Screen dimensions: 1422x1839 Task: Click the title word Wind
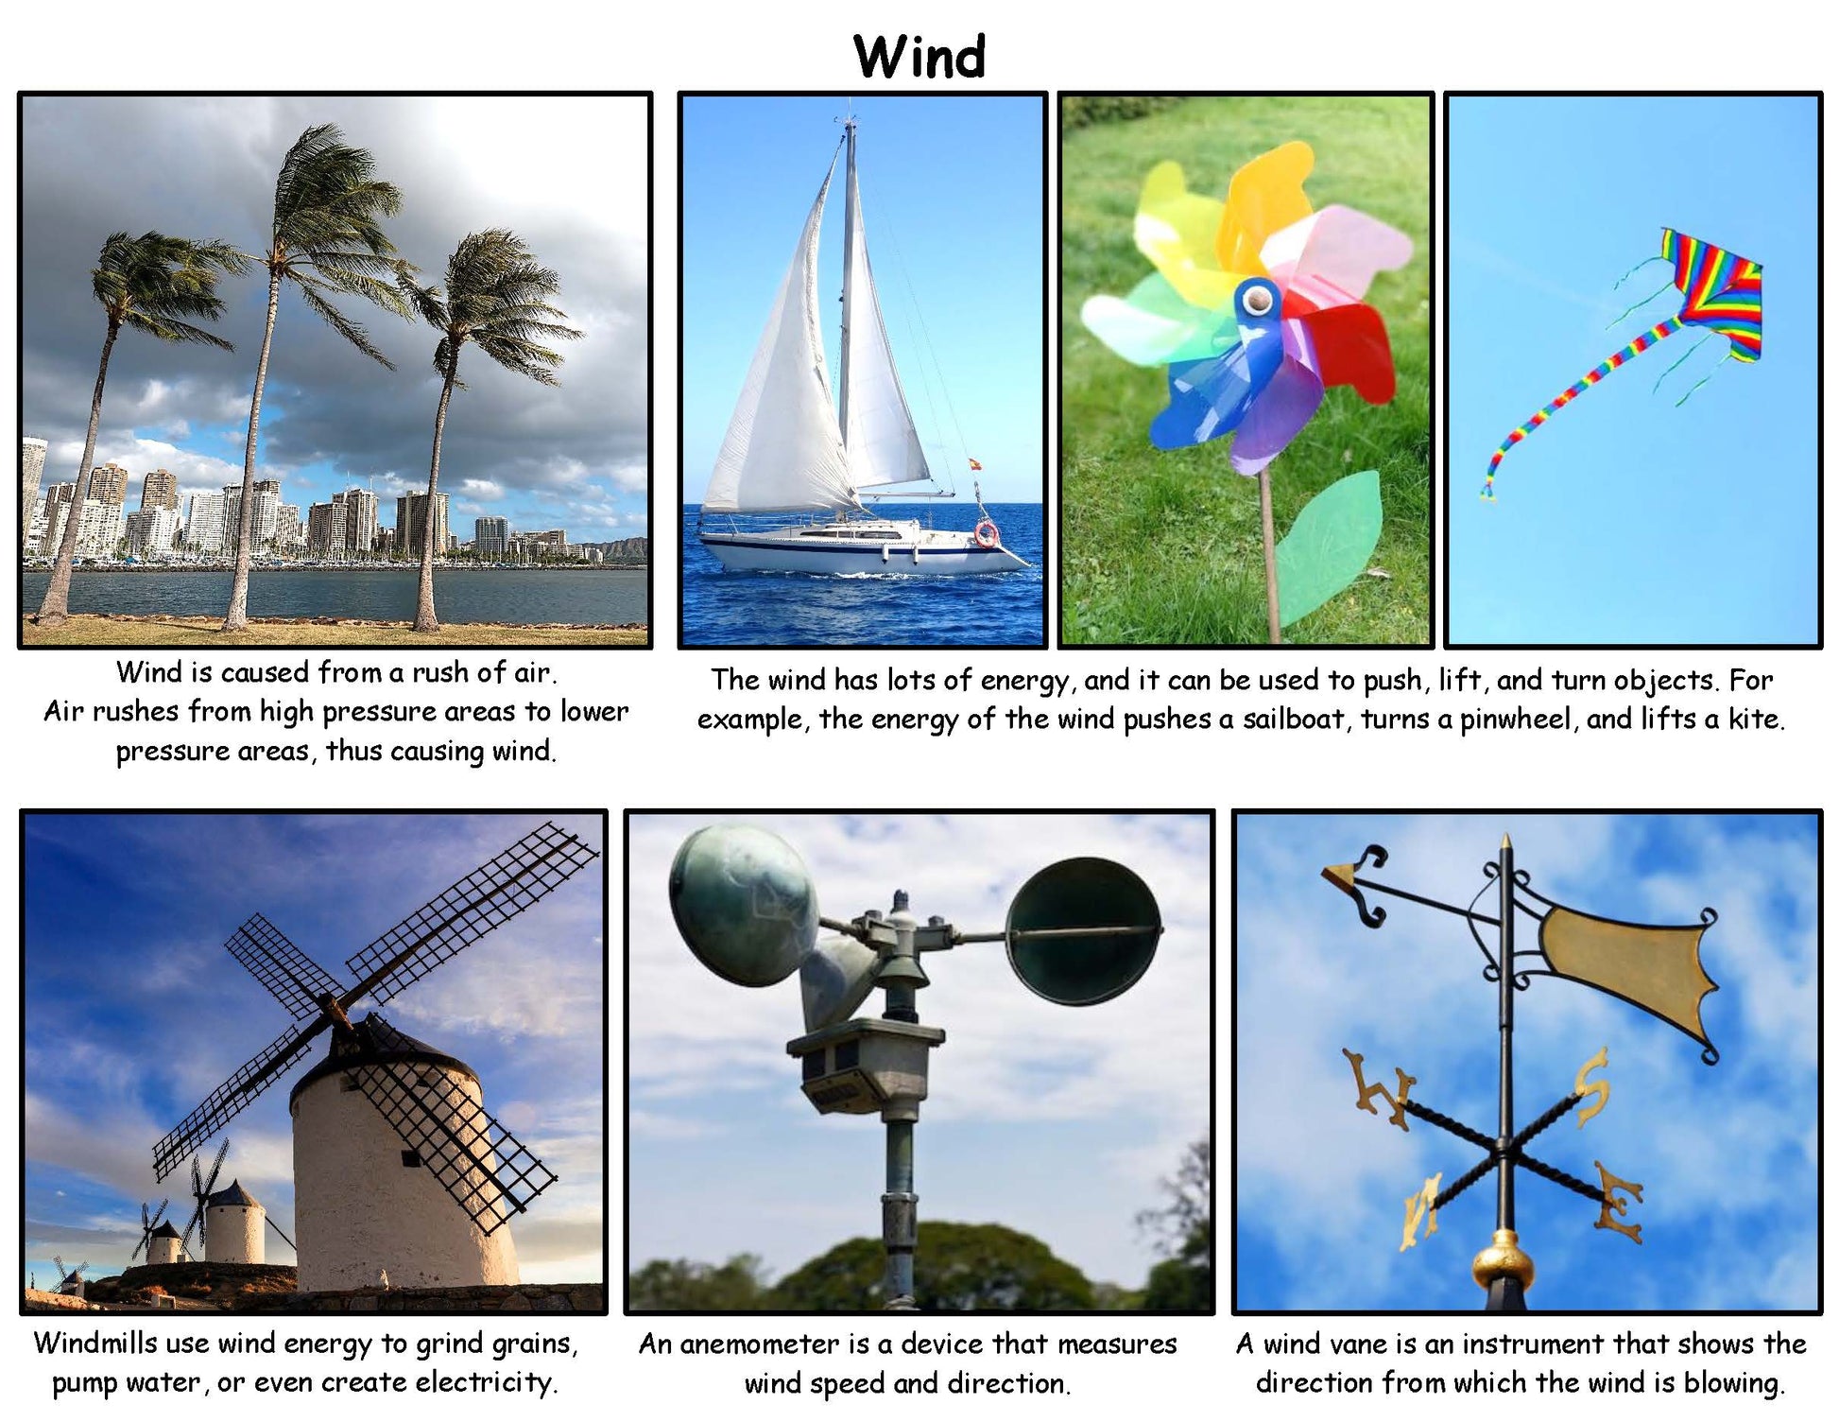pyautogui.click(x=919, y=57)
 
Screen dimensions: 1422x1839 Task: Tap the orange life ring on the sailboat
pyautogui.click(x=986, y=534)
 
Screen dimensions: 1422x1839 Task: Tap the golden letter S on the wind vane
pyautogui.click(x=1591, y=1080)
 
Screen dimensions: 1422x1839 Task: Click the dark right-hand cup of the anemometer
pyautogui.click(x=1082, y=930)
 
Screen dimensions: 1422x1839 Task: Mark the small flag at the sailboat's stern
pyautogui.click(x=974, y=464)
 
